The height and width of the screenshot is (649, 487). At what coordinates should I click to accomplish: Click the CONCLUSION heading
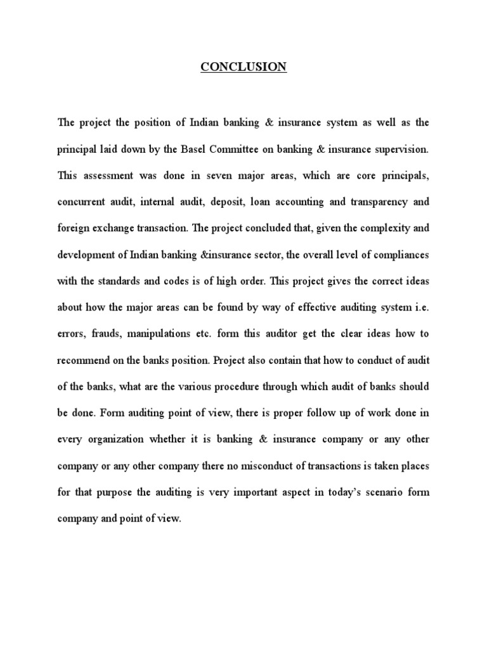coord(243,67)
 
